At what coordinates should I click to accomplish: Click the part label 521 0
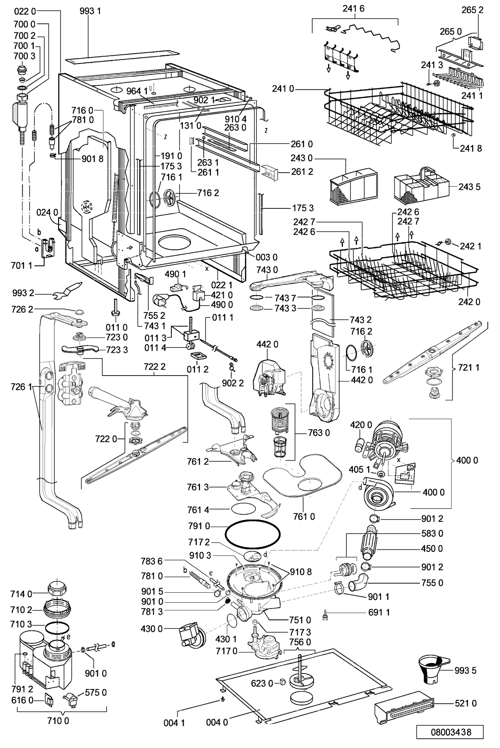pos(465,703)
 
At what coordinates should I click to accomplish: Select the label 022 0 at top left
pos(25,12)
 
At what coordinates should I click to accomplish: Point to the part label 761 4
pos(198,510)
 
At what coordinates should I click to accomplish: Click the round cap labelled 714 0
pos(59,589)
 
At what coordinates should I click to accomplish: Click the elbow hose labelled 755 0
pos(359,584)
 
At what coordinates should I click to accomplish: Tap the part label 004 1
pos(175,723)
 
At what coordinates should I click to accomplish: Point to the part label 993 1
pos(90,11)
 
